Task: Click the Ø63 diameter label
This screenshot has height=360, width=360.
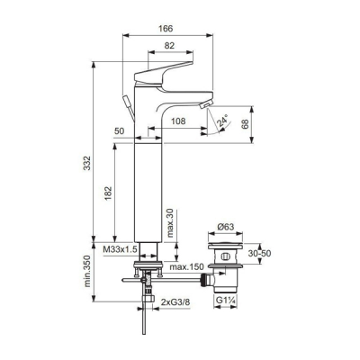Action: [x=226, y=229]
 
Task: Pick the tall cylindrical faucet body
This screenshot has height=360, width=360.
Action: [x=148, y=189]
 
